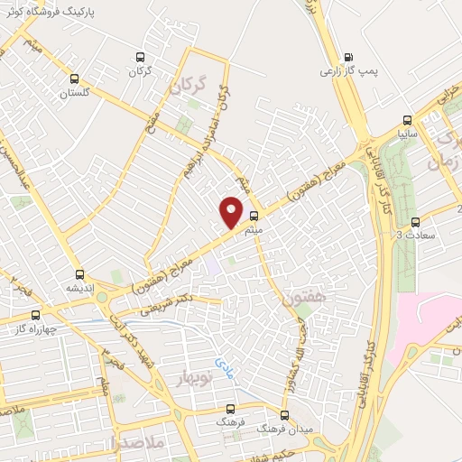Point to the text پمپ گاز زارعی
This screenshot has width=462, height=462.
coord(350,69)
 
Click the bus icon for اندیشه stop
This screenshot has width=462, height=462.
coord(80,273)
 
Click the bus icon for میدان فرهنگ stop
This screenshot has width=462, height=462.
coord(284,415)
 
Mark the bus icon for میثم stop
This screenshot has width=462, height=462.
coord(254,216)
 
